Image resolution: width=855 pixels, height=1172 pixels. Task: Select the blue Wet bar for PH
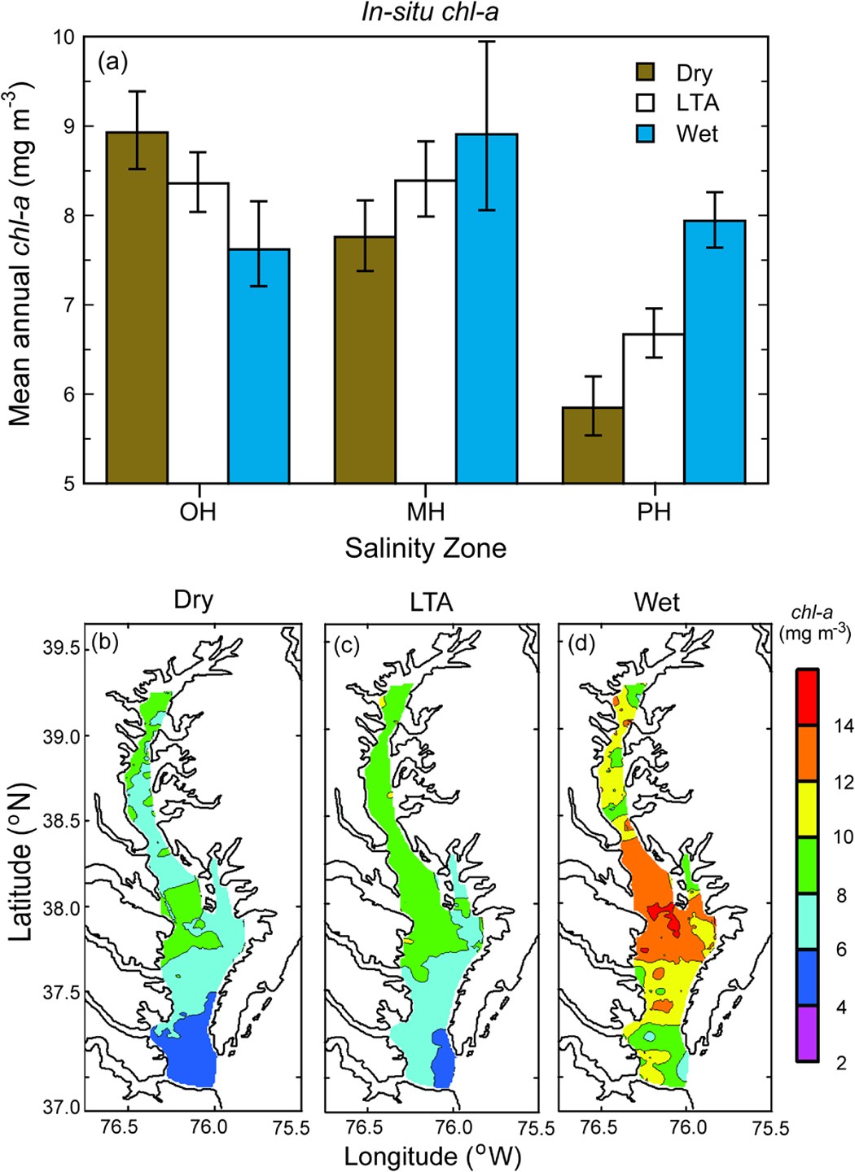point(714,351)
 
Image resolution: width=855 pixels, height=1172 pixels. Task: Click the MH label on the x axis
point(426,513)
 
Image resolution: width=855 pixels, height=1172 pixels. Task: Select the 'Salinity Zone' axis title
point(425,548)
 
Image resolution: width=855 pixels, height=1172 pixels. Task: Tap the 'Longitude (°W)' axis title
point(432,1155)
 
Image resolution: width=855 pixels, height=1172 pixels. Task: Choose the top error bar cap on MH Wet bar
point(486,41)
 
